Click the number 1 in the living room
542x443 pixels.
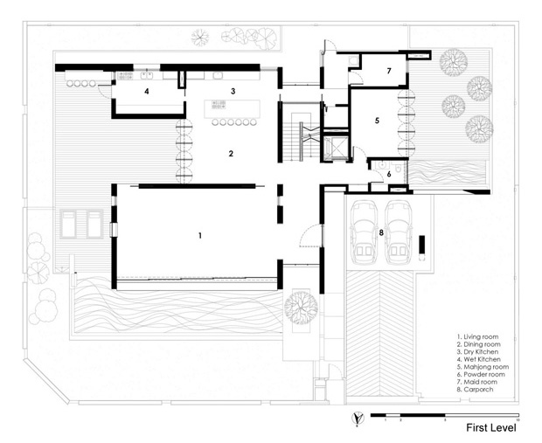[200, 236]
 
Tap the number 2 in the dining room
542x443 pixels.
[231, 154]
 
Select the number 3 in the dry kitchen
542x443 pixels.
[233, 91]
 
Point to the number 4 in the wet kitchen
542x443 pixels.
[147, 91]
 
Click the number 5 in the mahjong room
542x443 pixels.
[377, 121]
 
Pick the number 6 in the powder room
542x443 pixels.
[390, 174]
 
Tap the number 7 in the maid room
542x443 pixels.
[389, 72]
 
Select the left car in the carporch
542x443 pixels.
[365, 232]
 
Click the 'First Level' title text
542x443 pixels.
[490, 428]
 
